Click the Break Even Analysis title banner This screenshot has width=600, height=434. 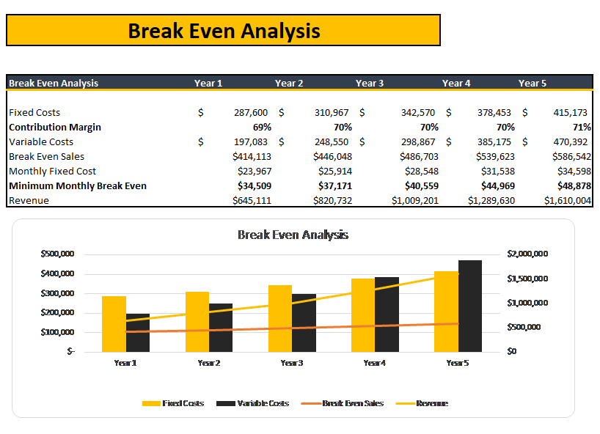223,31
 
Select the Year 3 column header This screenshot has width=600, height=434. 370,83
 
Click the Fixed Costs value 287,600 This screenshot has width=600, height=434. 250,113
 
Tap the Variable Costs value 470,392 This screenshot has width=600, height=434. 571,142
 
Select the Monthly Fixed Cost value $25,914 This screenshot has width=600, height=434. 337,171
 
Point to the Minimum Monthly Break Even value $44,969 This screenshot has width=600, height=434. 494,185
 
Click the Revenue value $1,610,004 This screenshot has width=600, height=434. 567,200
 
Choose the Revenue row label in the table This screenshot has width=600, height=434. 29,200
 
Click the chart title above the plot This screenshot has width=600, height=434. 293,235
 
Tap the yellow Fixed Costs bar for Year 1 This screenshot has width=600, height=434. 114,323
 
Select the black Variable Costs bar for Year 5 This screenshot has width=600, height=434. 470,306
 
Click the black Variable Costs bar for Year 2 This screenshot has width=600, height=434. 221,327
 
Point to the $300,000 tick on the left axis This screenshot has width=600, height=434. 56,293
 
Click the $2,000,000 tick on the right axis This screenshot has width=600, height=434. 527,254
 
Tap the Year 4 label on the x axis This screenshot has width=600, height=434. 374,363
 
